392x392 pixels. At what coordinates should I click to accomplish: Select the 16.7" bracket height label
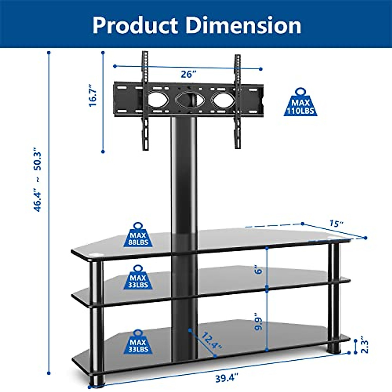tap(93, 96)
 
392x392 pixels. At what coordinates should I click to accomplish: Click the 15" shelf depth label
tap(336, 224)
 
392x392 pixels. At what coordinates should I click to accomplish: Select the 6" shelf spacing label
tap(259, 270)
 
